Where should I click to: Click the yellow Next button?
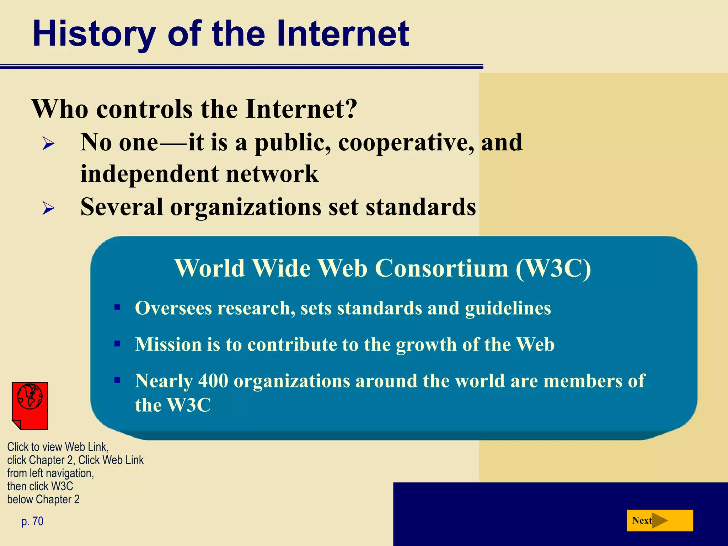click(659, 520)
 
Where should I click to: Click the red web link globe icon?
click(30, 405)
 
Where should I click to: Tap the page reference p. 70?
click(32, 521)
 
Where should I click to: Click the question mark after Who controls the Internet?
click(350, 109)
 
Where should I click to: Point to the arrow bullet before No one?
click(48, 144)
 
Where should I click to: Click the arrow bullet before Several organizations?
click(48, 208)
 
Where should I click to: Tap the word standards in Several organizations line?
click(421, 207)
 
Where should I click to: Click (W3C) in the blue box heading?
click(553, 268)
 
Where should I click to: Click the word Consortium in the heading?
click(441, 268)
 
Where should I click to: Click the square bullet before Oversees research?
click(117, 307)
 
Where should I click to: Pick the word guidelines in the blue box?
click(508, 308)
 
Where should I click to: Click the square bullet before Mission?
click(117, 344)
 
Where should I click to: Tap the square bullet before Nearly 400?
click(117, 380)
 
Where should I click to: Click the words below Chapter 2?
click(43, 499)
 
